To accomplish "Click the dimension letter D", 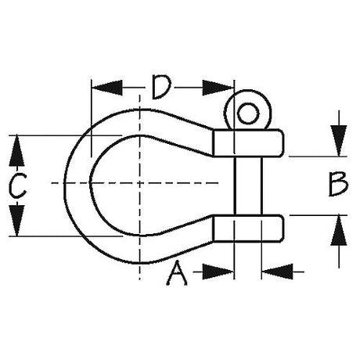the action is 161,88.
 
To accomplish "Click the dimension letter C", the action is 17,185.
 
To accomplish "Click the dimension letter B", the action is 338,184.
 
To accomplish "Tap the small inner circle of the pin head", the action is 248,113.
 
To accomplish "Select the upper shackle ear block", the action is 248,143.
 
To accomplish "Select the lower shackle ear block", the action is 248,229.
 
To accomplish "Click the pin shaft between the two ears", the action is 248,185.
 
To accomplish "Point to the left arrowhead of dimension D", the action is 107,88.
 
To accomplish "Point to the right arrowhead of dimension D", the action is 218,88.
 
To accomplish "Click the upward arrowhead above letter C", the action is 16,150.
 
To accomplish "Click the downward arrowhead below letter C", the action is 16,221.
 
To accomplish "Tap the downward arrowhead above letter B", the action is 339,141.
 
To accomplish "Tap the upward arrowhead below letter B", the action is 339,231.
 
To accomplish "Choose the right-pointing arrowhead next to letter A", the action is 218,272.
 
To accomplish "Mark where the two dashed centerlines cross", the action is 140,183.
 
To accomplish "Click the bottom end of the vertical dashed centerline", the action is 140,279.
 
